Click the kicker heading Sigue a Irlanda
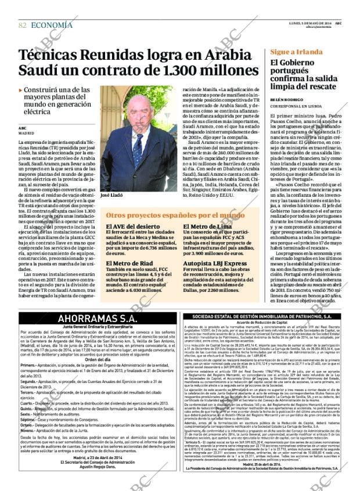(296, 52)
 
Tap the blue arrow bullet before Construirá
(21, 90)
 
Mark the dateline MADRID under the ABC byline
(27, 133)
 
